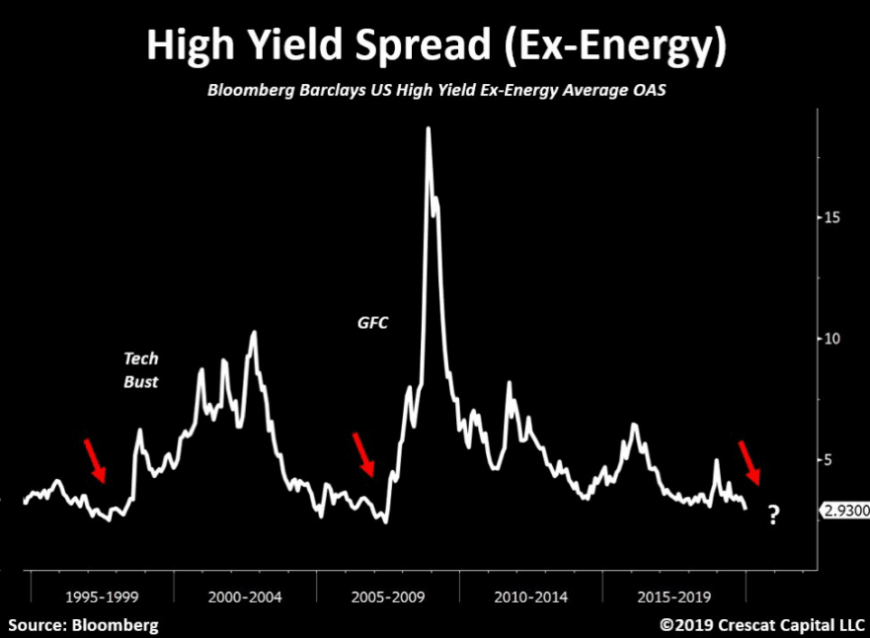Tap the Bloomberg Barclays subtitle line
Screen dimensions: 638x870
pos(435,91)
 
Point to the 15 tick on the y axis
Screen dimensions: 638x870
pos(833,217)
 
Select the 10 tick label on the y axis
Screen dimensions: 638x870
pos(833,339)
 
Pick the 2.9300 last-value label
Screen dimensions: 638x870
pos(844,510)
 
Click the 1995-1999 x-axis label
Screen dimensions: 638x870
pos(102,597)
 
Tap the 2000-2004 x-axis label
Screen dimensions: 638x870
pos(245,597)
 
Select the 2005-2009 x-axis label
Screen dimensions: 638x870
pos(388,597)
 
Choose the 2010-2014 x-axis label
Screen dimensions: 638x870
pos(531,597)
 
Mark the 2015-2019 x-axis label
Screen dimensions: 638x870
pos(674,597)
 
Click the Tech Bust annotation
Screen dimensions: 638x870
pos(140,368)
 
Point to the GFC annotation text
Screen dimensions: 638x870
pos(374,322)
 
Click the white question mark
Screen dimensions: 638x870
pos(773,515)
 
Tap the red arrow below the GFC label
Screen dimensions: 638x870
pos(364,454)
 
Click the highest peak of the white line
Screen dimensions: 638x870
pos(428,128)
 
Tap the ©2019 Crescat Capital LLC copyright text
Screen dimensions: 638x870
pos(762,624)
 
